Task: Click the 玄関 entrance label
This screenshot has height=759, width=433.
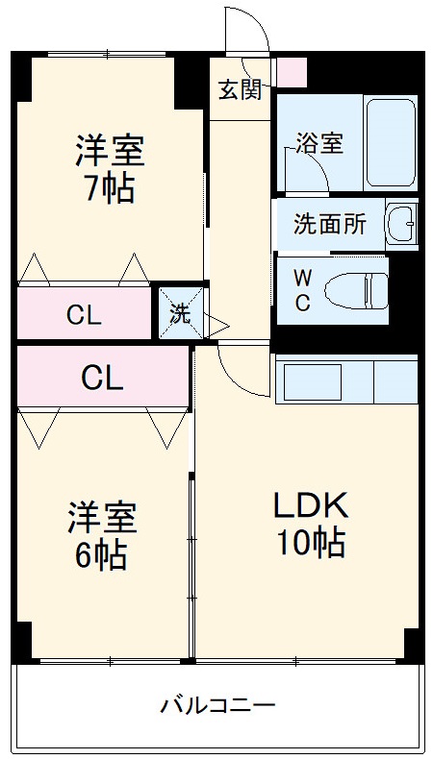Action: [240, 90]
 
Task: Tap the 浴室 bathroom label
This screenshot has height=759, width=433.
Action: [318, 144]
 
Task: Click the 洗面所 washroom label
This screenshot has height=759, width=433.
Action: [329, 225]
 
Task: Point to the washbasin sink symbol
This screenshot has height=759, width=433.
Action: [401, 224]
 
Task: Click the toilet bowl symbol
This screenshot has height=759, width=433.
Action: [356, 289]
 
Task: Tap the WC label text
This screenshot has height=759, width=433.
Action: [302, 290]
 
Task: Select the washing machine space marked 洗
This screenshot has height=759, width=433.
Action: [180, 312]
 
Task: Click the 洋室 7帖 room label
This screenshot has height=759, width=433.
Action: [110, 169]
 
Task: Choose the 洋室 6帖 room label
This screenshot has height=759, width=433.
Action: [101, 536]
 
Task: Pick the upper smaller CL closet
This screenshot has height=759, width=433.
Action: [85, 313]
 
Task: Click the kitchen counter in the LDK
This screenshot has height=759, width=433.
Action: [346, 379]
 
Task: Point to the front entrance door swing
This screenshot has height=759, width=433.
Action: [248, 34]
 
